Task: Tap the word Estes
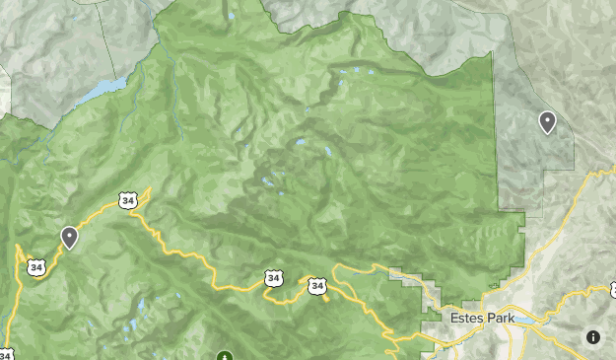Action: pyautogui.click(x=466, y=319)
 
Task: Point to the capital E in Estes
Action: pyautogui.click(x=453, y=319)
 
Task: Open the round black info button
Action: pyautogui.click(x=593, y=337)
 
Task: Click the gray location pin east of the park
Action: pyautogui.click(x=547, y=121)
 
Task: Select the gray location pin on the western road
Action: pyautogui.click(x=69, y=237)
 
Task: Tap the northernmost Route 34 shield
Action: pyautogui.click(x=127, y=200)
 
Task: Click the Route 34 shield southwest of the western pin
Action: pyautogui.click(x=36, y=266)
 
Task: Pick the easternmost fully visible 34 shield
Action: pyautogui.click(x=316, y=286)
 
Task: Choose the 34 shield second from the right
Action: pyautogui.click(x=273, y=280)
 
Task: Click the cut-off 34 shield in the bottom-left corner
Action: pyautogui.click(x=5, y=354)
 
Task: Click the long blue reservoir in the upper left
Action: pyautogui.click(x=104, y=89)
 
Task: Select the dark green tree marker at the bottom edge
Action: pyautogui.click(x=225, y=355)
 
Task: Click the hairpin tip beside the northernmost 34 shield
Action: pyautogui.click(x=149, y=188)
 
